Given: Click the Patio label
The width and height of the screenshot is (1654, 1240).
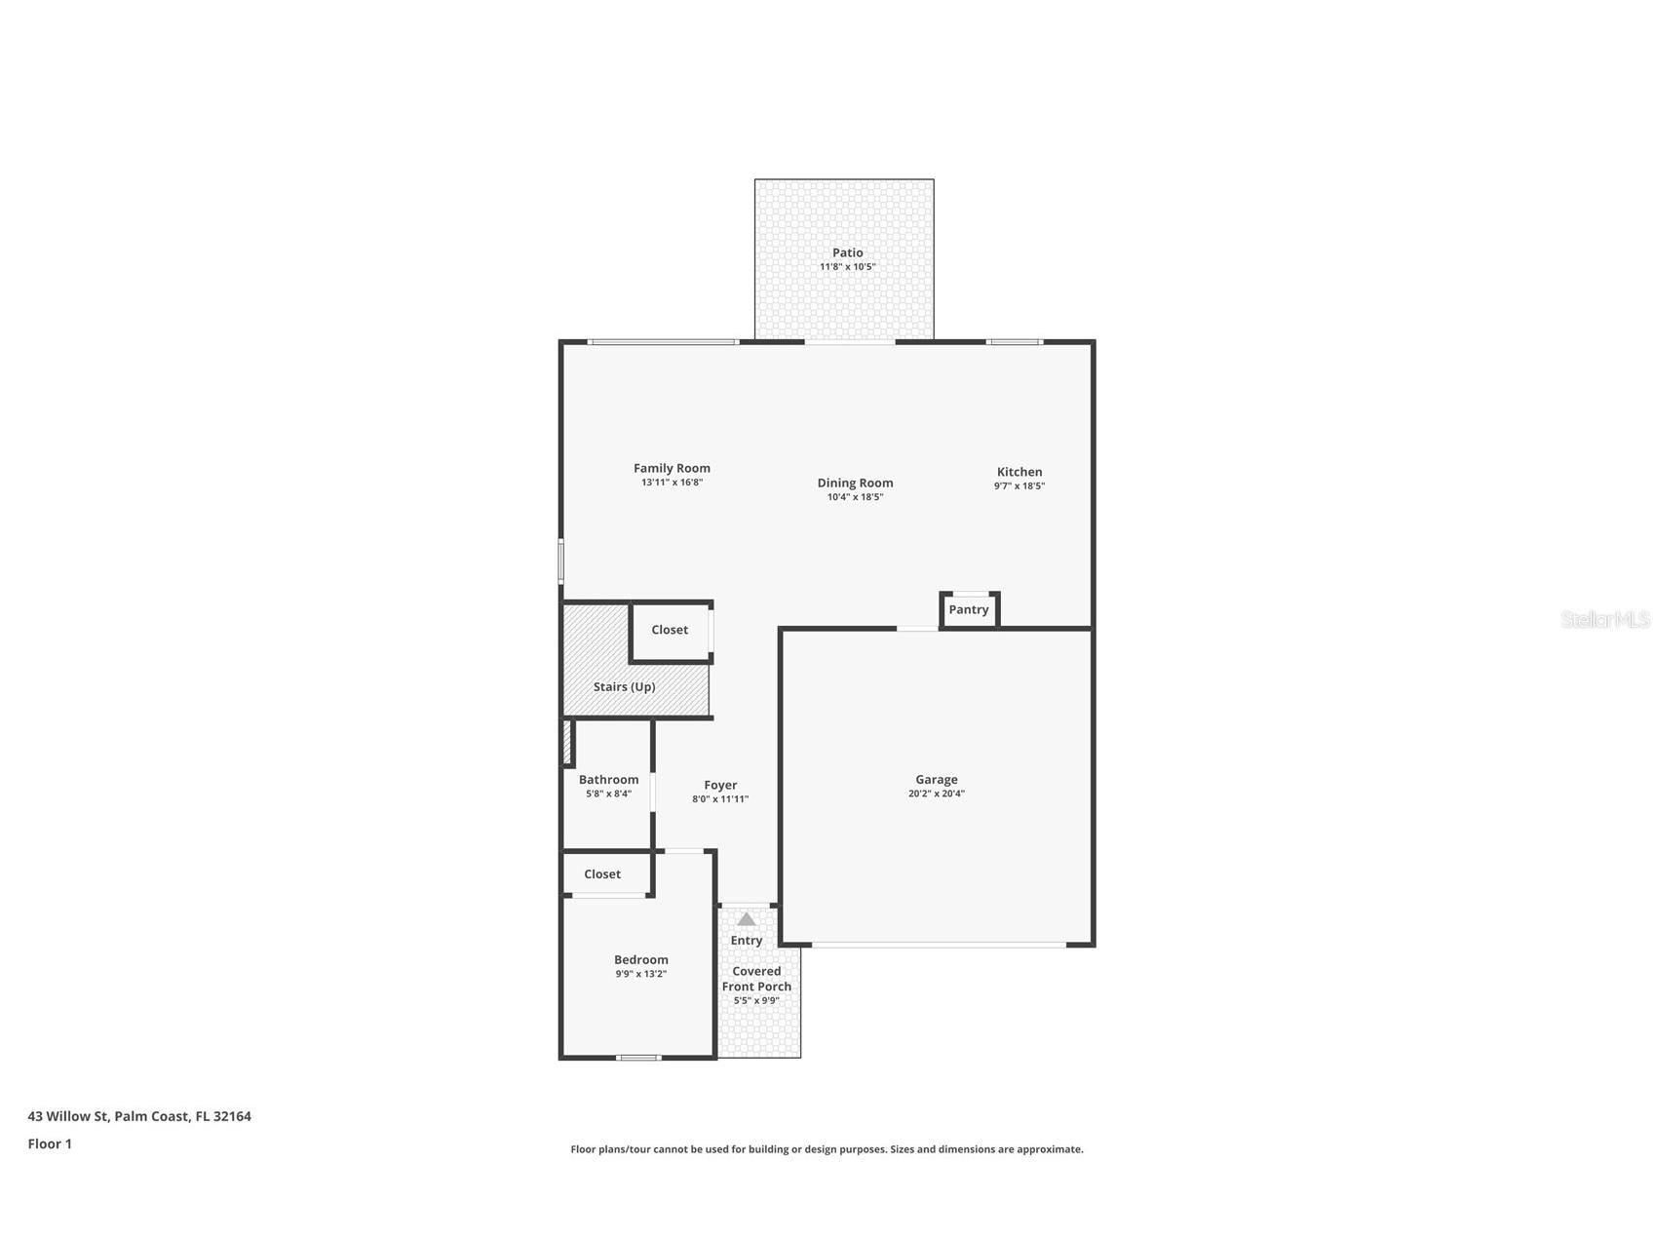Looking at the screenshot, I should point(847,252).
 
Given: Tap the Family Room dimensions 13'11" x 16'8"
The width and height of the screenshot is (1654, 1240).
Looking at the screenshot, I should point(672,483).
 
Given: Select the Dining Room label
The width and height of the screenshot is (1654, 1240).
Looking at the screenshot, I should point(855,483).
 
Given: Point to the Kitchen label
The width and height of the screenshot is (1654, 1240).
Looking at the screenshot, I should point(1019,472).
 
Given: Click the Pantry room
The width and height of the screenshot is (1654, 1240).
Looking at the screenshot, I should point(969,610).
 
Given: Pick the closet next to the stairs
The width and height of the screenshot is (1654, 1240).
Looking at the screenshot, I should point(670,631).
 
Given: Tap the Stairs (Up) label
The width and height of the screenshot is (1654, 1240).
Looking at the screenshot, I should point(624,687).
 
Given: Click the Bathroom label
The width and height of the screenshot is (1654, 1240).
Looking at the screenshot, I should point(608,780).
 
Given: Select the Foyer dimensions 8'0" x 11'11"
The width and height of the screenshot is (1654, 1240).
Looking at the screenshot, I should point(720,799).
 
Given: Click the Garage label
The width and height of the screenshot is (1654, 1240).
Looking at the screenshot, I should point(936,780).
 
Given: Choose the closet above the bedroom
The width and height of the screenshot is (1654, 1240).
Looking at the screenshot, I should point(602,874).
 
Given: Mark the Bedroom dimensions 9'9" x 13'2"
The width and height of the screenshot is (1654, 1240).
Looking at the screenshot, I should point(640,974).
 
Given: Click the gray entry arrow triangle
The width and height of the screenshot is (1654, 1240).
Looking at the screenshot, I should point(747,919).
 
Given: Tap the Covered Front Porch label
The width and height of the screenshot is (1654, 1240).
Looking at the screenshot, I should point(756,979).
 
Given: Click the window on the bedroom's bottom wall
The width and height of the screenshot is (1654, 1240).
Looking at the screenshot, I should point(638,1058).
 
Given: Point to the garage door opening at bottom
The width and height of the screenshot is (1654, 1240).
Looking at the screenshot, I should point(938,945).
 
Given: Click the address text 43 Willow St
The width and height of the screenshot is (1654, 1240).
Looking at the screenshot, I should point(139,1116).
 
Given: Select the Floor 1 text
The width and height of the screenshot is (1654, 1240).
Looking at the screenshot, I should point(50,1144).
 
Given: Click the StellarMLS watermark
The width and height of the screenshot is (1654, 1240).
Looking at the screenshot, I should point(1604,620).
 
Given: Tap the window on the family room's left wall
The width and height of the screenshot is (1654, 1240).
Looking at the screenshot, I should point(561,562).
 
